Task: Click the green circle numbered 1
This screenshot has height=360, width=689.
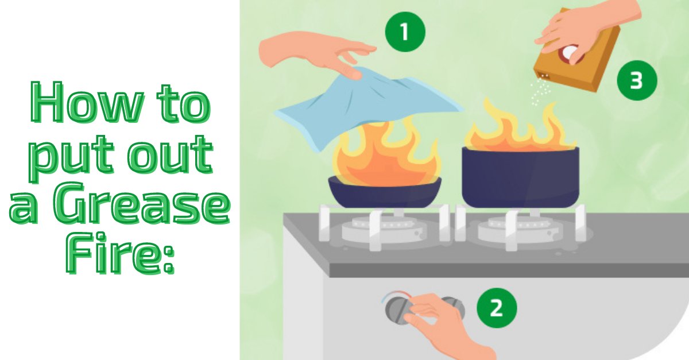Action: [405, 32]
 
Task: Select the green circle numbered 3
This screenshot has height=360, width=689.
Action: [636, 81]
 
